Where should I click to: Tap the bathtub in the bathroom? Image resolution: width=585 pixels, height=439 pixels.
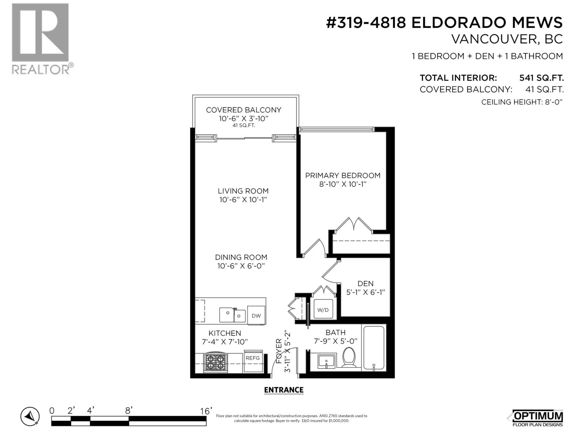(x=374, y=348)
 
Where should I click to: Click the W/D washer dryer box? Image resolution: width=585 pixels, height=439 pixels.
(x=323, y=309)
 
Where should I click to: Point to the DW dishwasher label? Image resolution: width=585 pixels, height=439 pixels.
(x=256, y=316)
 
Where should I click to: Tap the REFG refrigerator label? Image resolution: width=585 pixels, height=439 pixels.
(x=252, y=358)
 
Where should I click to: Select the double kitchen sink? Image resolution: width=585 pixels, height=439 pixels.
(x=233, y=315)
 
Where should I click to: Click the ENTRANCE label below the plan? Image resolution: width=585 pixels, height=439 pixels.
(x=284, y=390)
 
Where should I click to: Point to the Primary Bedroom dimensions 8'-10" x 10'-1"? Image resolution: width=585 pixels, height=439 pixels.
(x=343, y=184)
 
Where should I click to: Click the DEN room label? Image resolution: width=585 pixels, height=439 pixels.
(x=366, y=284)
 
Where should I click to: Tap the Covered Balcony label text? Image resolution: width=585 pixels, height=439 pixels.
(x=244, y=110)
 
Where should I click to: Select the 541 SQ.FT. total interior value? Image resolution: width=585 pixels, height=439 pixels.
(x=541, y=78)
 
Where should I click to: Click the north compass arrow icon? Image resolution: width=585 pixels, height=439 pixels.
(x=30, y=416)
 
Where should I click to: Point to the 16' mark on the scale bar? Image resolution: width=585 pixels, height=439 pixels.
(x=206, y=411)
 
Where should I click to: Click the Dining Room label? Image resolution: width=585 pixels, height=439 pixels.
(x=241, y=257)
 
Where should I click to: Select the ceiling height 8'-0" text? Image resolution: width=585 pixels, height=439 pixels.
(x=521, y=102)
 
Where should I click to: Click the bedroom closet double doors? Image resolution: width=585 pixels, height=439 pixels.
(x=354, y=224)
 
